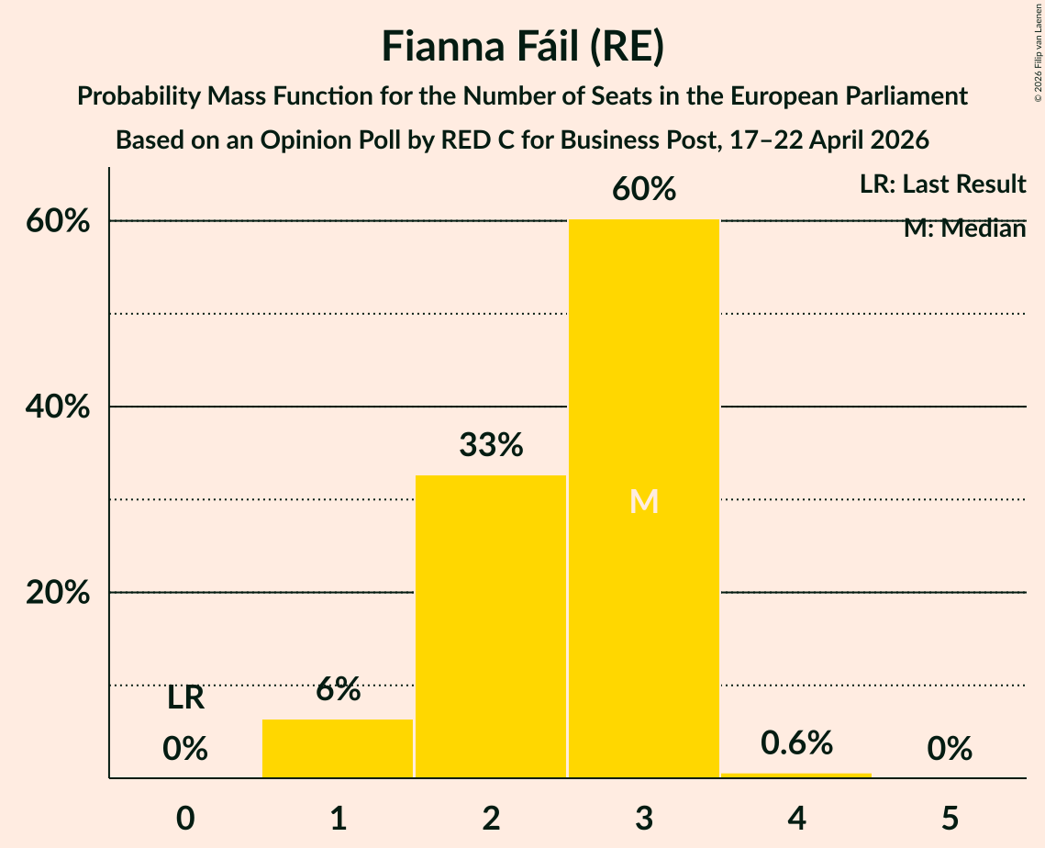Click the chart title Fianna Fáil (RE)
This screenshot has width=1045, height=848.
tap(523, 47)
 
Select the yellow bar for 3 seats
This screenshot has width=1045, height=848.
tap(644, 498)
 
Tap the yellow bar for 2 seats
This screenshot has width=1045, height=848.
tap(491, 627)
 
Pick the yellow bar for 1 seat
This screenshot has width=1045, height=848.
tap(338, 749)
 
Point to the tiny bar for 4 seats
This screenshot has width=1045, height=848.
tap(796, 775)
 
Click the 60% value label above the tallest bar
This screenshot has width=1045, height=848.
tap(644, 189)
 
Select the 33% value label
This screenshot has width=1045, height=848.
tap(491, 445)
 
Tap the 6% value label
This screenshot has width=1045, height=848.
tap(339, 688)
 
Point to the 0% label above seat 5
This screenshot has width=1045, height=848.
tap(950, 749)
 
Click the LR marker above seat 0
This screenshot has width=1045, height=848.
tap(185, 698)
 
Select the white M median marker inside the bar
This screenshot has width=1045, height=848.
tap(644, 501)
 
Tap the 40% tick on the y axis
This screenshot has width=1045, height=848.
tap(58, 406)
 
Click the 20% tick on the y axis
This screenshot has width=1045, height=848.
tap(58, 592)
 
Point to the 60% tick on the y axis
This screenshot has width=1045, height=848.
tap(58, 220)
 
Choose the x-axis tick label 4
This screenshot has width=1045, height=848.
tap(797, 818)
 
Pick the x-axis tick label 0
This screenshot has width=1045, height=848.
tap(185, 818)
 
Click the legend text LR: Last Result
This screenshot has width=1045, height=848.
tap(942, 184)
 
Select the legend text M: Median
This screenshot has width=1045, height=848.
tap(964, 229)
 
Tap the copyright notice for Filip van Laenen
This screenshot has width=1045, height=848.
tap(1038, 52)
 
